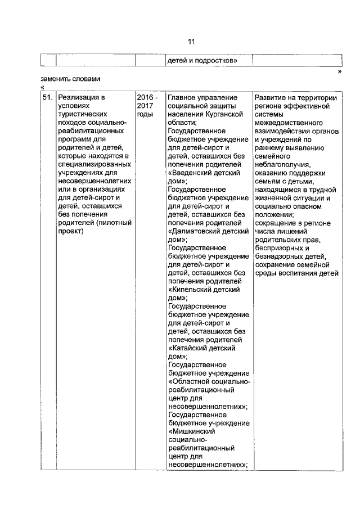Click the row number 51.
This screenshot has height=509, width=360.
click(48, 97)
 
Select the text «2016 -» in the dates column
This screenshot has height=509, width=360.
click(147, 97)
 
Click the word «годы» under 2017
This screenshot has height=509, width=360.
click(145, 114)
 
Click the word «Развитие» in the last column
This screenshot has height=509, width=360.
click(271, 97)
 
